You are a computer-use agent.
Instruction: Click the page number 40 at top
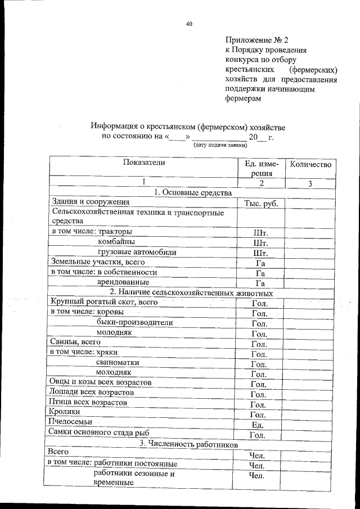click(189, 24)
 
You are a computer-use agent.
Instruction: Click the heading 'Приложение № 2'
click(256, 40)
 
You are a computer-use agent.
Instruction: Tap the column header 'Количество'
click(310, 165)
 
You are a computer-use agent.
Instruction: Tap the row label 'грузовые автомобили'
click(137, 252)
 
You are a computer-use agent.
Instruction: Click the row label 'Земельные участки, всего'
click(94, 262)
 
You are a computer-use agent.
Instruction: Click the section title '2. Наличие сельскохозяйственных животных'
click(191, 292)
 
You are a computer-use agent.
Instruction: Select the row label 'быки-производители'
click(134, 322)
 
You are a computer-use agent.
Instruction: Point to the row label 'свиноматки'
click(118, 362)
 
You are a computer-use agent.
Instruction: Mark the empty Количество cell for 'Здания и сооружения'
click(310, 202)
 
